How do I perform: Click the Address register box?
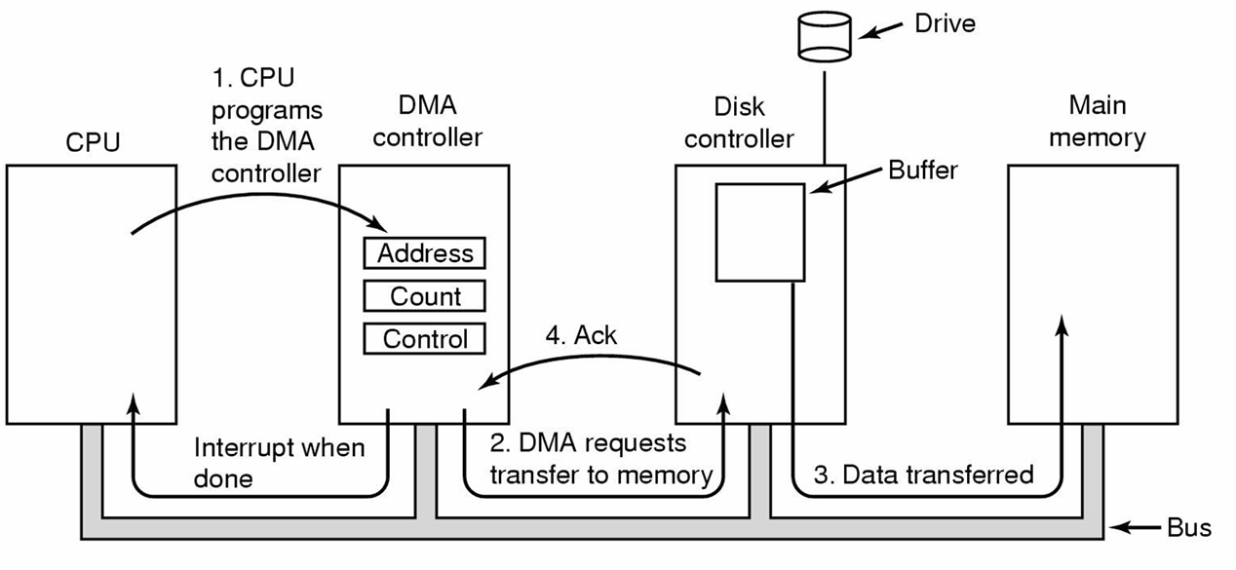coord(425,253)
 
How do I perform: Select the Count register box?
coord(425,295)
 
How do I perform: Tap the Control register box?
coord(425,338)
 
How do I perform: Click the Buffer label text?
coord(923,170)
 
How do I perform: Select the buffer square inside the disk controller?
coord(760,231)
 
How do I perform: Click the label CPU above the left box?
coord(93,142)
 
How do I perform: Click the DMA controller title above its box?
coord(427,121)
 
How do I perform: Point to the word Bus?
coord(1188,529)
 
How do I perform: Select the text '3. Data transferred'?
coord(922,475)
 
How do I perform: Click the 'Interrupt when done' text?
coord(279,463)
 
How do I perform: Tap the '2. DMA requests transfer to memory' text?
coord(600,459)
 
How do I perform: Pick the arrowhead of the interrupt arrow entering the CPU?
coord(131,401)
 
